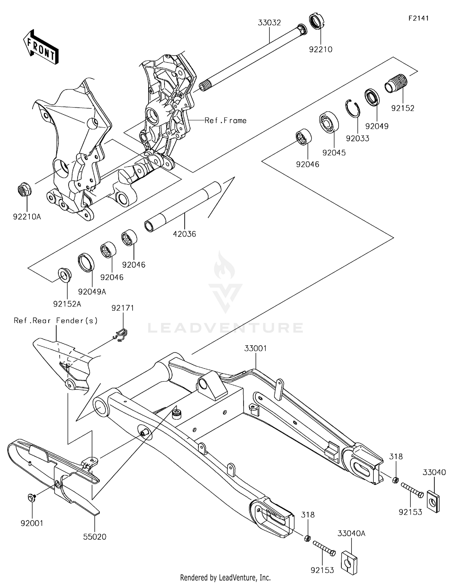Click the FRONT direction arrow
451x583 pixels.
(x=41, y=47)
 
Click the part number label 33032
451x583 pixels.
(x=269, y=23)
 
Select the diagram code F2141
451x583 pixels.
(x=418, y=18)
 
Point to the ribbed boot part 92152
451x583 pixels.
(x=397, y=83)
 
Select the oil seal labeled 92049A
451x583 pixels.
(x=86, y=262)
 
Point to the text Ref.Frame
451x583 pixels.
(x=225, y=121)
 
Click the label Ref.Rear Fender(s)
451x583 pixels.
(x=56, y=321)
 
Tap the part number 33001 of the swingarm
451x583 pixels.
(x=255, y=348)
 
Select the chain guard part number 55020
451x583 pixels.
(x=95, y=537)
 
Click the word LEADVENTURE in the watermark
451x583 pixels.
(x=225, y=328)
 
